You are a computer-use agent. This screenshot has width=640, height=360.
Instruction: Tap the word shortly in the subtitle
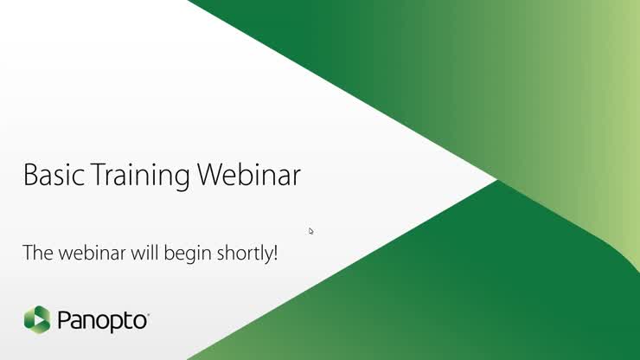pyautogui.click(x=246, y=254)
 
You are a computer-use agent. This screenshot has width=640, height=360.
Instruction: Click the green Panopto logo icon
pyautogui.click(x=37, y=319)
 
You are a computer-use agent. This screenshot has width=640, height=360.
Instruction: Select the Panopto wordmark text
pyautogui.click(x=102, y=321)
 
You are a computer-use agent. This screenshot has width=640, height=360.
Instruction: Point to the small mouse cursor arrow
pyautogui.click(x=310, y=230)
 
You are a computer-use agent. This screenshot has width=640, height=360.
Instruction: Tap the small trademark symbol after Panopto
pyautogui.click(x=149, y=314)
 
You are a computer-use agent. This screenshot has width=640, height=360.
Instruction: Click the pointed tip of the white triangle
pyautogui.click(x=496, y=180)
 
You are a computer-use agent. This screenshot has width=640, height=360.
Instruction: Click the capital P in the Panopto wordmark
pyautogui.click(x=65, y=321)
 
